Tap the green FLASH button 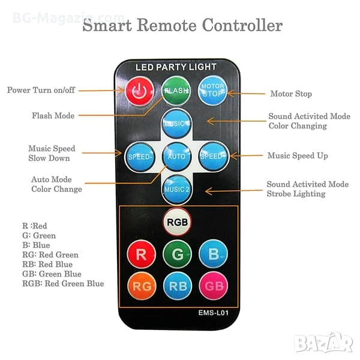[176, 91]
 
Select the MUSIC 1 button [176, 122]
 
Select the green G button [177, 254]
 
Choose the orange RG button [142, 286]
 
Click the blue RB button [177, 286]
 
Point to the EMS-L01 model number [214, 313]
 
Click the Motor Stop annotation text [291, 94]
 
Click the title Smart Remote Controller [182, 26]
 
